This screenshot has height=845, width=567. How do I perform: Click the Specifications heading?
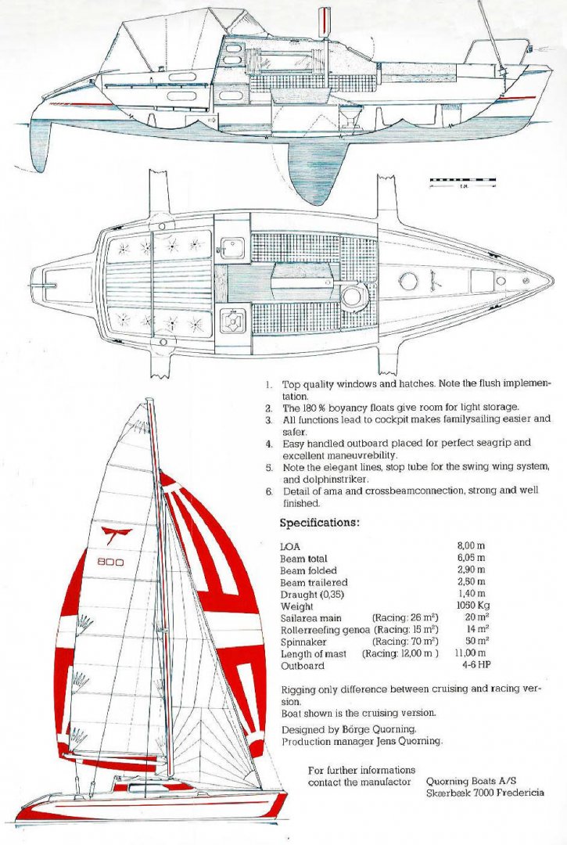tap(319, 523)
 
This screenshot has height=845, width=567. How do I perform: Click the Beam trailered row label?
tap(314, 582)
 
